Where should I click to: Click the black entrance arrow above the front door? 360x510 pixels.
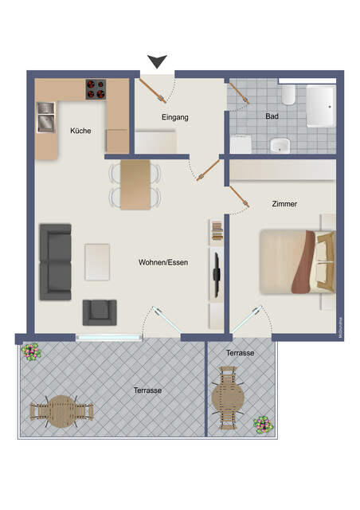pos(158,61)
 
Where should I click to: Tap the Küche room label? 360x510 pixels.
pos(80,131)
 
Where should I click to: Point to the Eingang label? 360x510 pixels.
pos(174,117)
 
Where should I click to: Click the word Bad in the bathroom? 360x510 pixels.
pos(272,116)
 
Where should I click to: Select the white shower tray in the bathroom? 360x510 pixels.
pos(320,107)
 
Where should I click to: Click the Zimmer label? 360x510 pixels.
pos(284,204)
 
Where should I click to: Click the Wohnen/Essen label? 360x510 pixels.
pos(162,261)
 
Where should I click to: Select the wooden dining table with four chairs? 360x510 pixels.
pos(135,185)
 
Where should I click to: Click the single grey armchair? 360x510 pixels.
pos(100,312)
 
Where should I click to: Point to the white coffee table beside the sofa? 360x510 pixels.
pos(97,262)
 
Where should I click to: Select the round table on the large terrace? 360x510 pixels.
pos(61,412)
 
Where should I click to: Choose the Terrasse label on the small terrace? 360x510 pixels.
pos(240,352)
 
